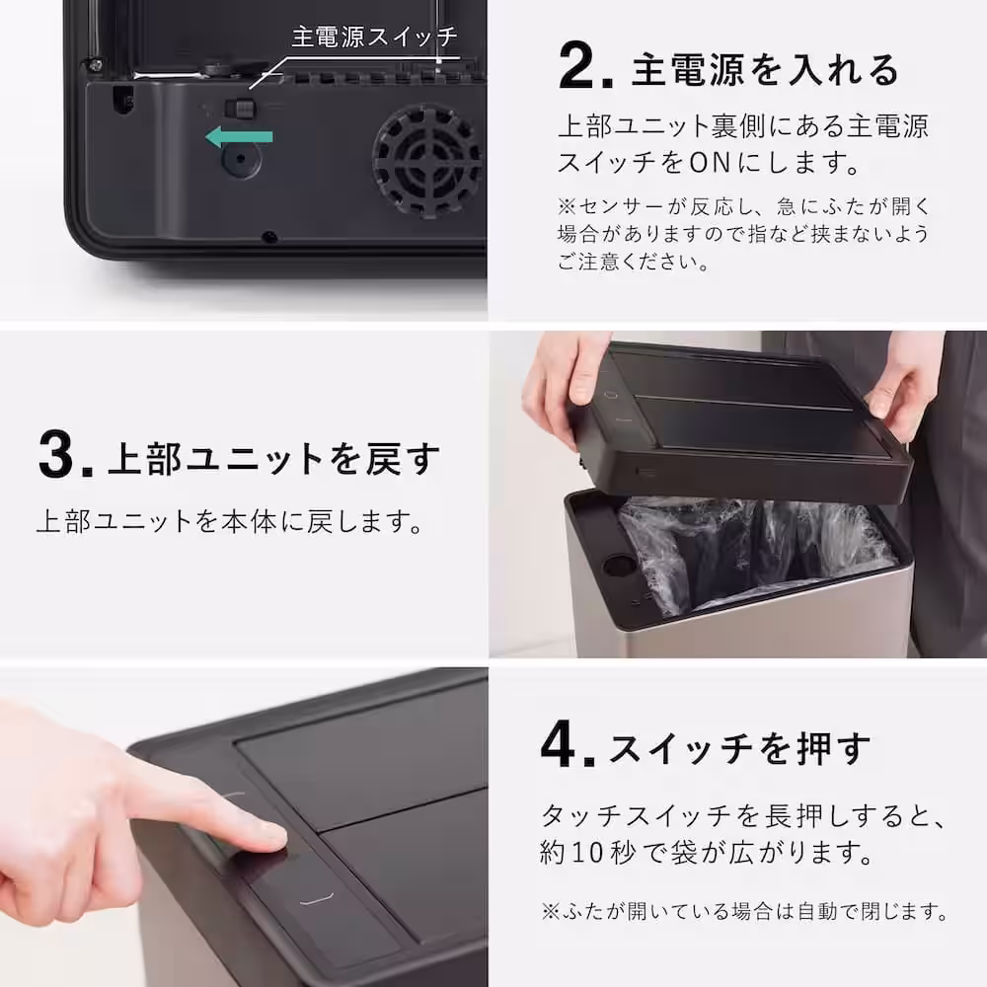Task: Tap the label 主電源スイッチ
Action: (374, 37)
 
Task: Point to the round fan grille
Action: (427, 159)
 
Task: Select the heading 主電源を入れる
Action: (766, 70)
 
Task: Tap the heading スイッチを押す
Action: (740, 749)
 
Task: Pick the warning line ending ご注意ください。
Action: (632, 264)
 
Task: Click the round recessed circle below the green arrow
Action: (241, 159)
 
